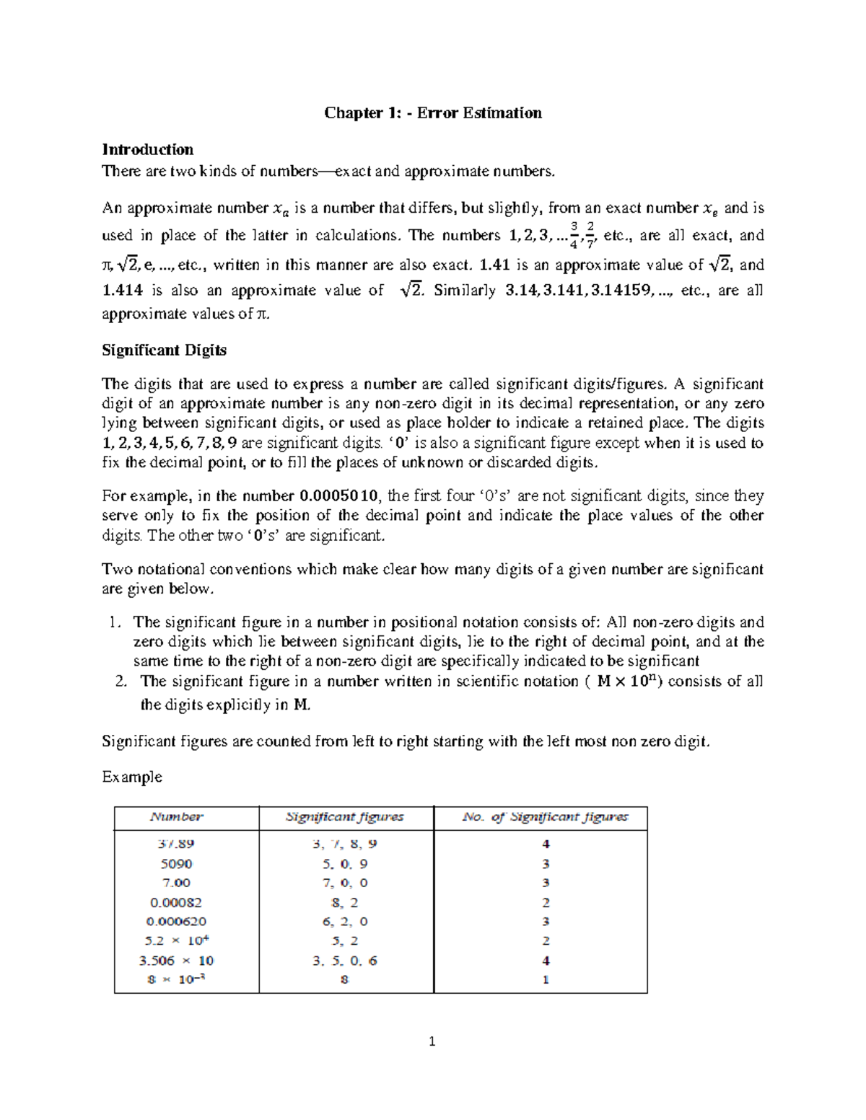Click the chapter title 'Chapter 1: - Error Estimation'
432,113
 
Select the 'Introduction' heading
147,149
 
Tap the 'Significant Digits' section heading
164,350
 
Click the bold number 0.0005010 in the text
338,496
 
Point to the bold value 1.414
122,291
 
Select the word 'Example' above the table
131,777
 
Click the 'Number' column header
176,816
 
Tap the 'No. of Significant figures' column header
545,816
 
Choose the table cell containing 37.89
176,844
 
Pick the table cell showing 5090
176,863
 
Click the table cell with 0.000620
176,921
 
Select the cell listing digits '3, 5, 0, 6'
344,960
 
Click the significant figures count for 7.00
546,883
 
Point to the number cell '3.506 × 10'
176,960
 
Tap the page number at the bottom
432,1041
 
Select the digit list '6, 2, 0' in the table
344,921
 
